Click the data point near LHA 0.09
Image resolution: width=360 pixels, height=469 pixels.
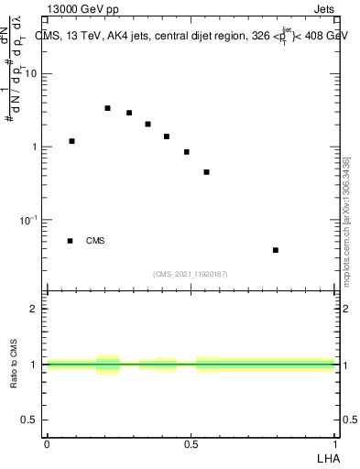(x=71, y=141)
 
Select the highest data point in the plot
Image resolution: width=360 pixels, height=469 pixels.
(x=107, y=108)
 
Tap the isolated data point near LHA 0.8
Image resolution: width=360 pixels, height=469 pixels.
(x=275, y=250)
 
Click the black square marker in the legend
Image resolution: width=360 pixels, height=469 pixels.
(x=70, y=241)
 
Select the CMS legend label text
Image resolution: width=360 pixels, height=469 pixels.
(x=95, y=241)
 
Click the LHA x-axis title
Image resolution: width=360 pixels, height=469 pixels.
(x=327, y=458)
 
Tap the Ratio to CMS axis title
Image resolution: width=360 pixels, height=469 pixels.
(x=14, y=364)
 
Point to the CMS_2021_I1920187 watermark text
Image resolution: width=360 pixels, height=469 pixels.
(x=191, y=273)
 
